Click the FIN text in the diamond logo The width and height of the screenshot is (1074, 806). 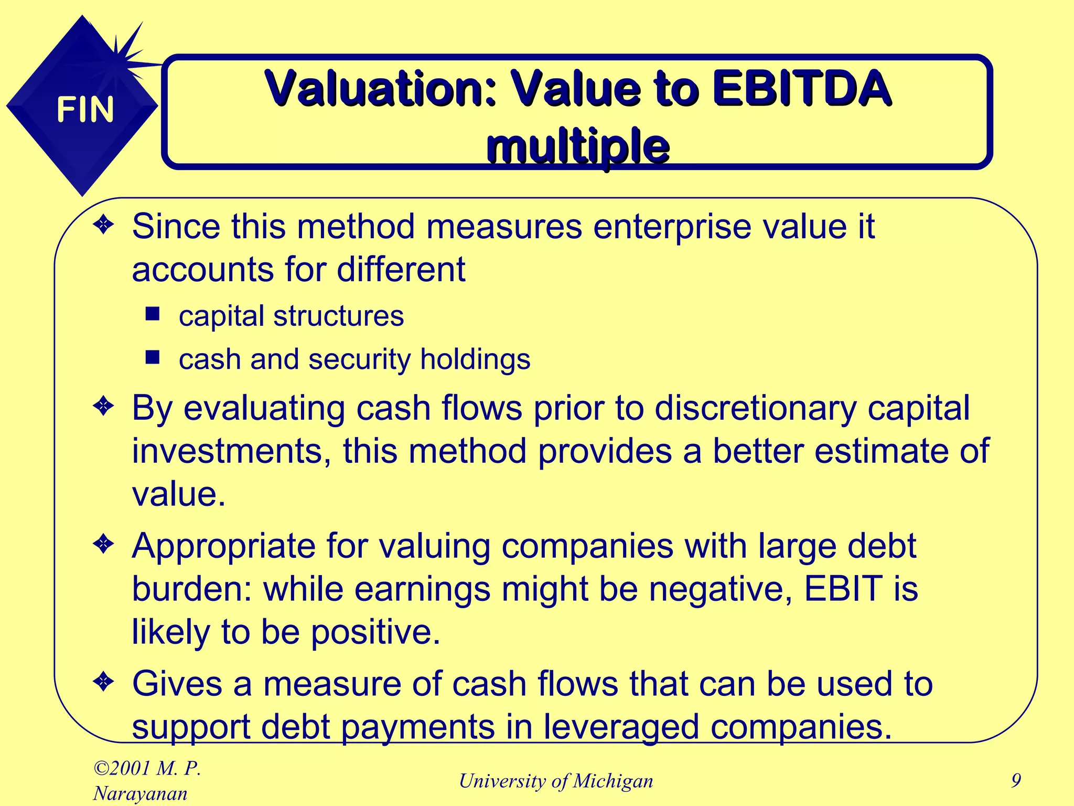[x=85, y=110]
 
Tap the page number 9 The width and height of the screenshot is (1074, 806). [x=1016, y=781]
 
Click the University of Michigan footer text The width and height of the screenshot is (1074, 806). [x=556, y=781]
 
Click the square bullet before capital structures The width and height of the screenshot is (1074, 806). [x=153, y=314]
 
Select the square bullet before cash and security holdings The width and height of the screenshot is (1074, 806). [x=153, y=358]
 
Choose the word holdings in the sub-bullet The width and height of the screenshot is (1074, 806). [x=475, y=360]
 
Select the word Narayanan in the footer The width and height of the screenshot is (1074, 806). [x=141, y=794]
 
